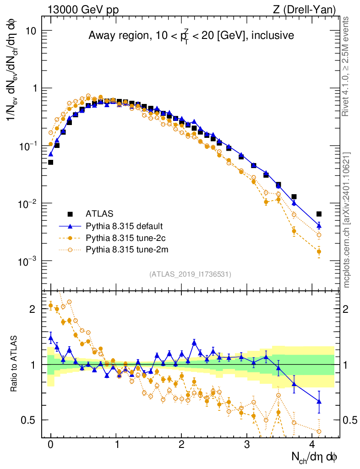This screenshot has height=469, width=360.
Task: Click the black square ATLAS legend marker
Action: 70,213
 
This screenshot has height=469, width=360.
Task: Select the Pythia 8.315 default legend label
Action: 124,226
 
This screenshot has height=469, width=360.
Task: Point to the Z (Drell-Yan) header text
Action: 307,10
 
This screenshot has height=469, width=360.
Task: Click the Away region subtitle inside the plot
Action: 191,35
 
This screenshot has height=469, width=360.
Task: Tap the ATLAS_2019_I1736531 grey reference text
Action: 190,274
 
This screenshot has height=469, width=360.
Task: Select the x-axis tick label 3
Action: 247,445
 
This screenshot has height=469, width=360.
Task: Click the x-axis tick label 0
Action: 51,445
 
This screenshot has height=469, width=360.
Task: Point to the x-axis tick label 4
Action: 312,445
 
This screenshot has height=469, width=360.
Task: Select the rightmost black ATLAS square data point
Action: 319,214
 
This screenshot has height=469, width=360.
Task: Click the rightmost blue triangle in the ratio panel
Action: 319,401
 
